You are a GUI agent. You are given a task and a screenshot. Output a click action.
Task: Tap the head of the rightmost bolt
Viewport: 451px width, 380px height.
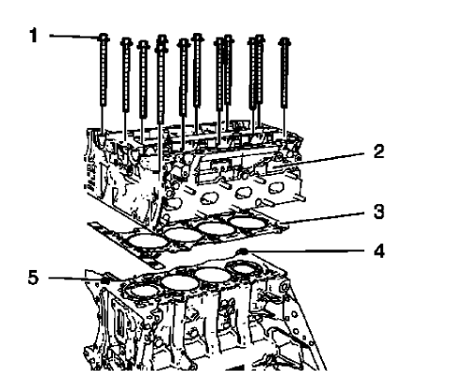(x=285, y=42)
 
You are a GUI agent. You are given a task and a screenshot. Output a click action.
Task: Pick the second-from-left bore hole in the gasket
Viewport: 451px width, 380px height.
(x=181, y=232)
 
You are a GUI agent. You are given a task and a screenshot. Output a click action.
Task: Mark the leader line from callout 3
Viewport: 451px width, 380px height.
(x=330, y=218)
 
